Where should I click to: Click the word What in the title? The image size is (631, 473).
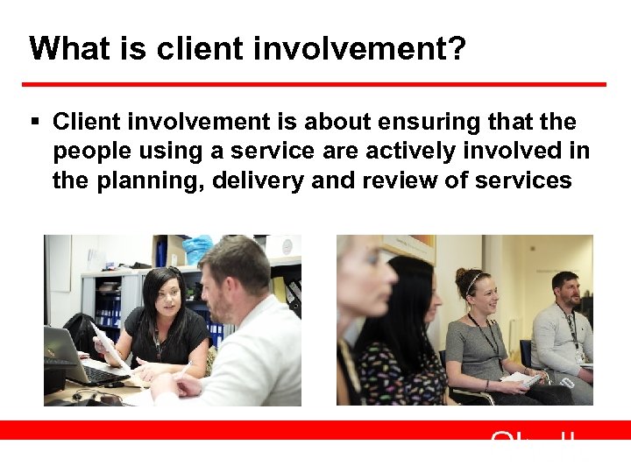pos(62,48)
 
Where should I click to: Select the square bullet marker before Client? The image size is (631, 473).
pos(36,121)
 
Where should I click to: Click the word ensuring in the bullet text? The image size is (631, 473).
pos(429,121)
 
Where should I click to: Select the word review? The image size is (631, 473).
pos(394,181)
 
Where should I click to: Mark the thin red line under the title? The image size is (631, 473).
pos(314,84)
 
